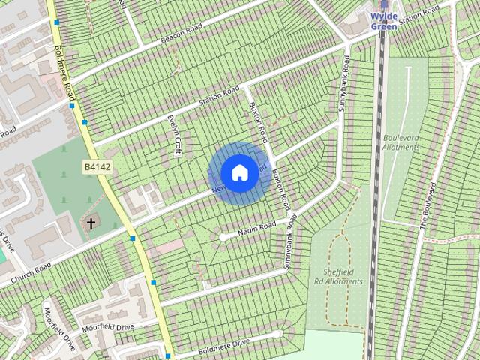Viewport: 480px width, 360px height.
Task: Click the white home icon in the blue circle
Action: pos(239,172)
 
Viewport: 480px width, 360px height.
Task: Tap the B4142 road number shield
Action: pos(97,168)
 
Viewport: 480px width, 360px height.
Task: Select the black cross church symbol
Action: pos(91,223)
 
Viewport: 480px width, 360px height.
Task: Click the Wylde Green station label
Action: pos(384,21)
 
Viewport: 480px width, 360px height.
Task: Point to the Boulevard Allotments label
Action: pos(401,143)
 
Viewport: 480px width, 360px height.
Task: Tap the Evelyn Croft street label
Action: pos(175,135)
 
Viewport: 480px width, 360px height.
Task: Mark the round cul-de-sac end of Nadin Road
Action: pos(223,237)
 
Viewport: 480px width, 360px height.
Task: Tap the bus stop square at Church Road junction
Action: pos(133,238)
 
